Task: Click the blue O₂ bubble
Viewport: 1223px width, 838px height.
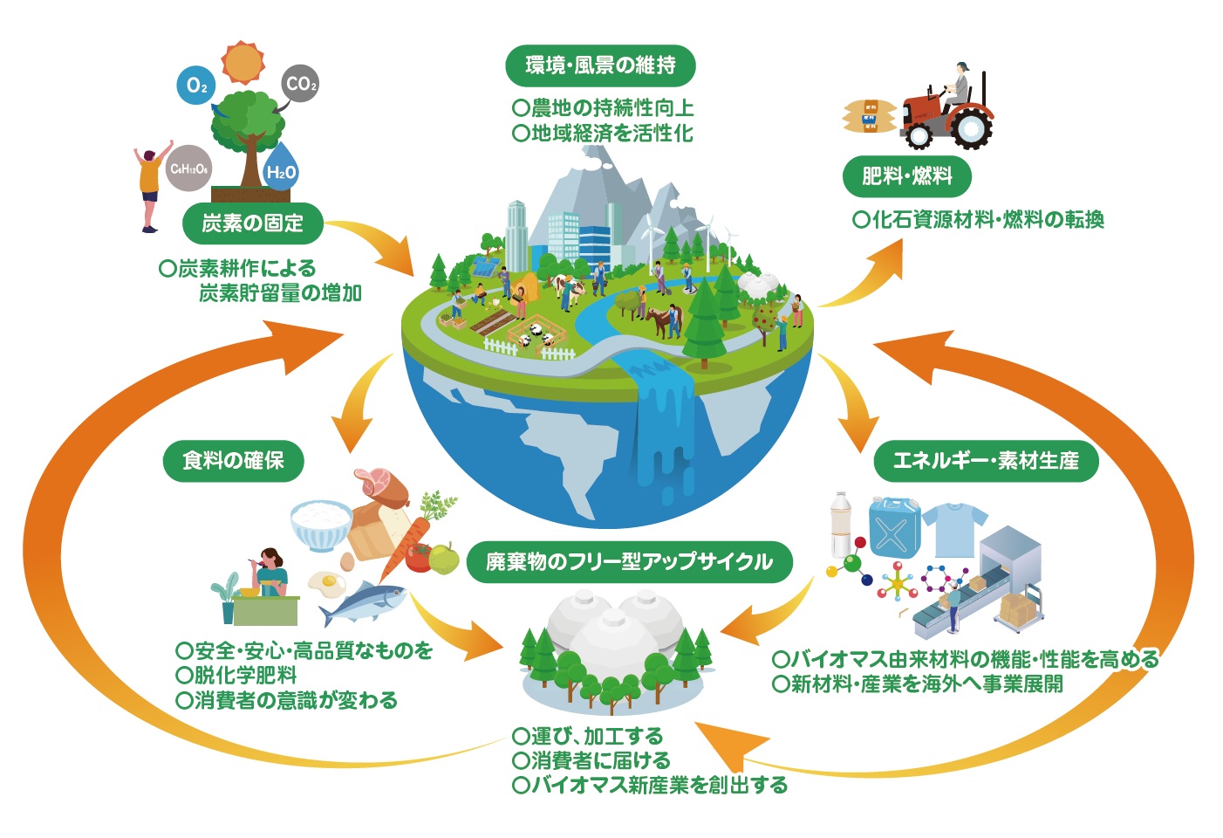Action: coord(196,86)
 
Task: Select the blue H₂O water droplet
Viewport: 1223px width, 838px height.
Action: coord(281,169)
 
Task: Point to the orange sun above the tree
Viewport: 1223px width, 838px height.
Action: coord(242,61)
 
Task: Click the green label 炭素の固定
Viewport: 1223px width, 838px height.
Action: coord(253,224)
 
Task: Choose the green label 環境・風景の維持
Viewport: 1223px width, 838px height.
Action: coord(600,65)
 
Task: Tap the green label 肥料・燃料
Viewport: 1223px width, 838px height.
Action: coord(906,176)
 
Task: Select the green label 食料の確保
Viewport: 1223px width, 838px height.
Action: coord(233,460)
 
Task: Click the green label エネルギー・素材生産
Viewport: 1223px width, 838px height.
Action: coord(986,460)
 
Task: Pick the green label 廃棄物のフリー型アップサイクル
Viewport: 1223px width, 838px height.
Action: coord(629,561)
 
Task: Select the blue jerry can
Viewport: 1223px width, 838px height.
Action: coord(893,526)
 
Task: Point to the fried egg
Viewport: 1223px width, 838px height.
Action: coord(327,582)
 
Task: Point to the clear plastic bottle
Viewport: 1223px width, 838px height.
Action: coord(841,524)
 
